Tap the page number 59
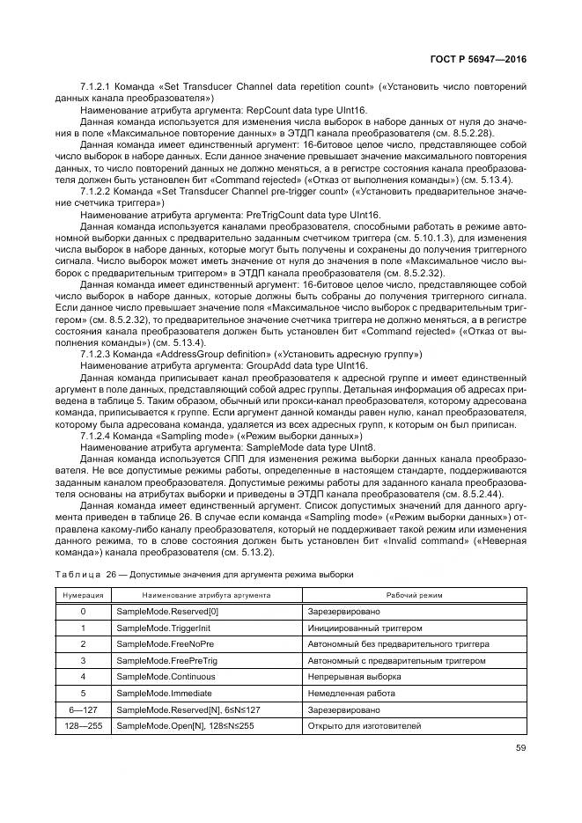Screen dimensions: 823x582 (x=521, y=750)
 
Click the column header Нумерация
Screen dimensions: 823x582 (x=83, y=595)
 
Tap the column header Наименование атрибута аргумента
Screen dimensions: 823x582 (x=205, y=595)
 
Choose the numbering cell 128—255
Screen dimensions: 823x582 (x=83, y=725)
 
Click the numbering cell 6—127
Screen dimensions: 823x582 (x=83, y=709)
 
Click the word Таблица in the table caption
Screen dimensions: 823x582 (x=77, y=574)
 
